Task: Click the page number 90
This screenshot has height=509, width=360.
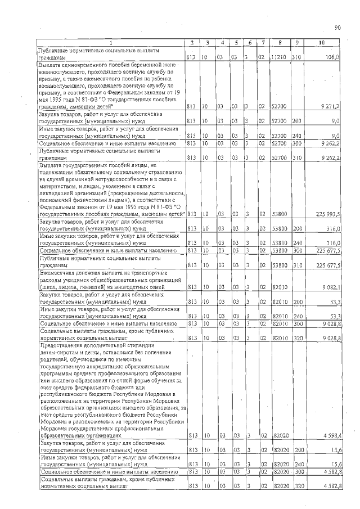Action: click(337, 27)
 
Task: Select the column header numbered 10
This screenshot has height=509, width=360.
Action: click(321, 43)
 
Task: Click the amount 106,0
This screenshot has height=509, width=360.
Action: click(330, 57)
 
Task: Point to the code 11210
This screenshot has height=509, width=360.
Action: click(279, 57)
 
